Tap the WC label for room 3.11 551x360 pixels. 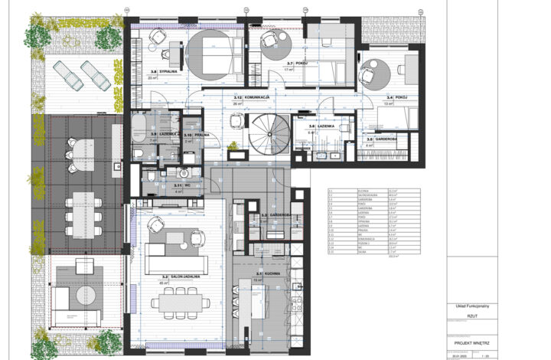click(x=185, y=185)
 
